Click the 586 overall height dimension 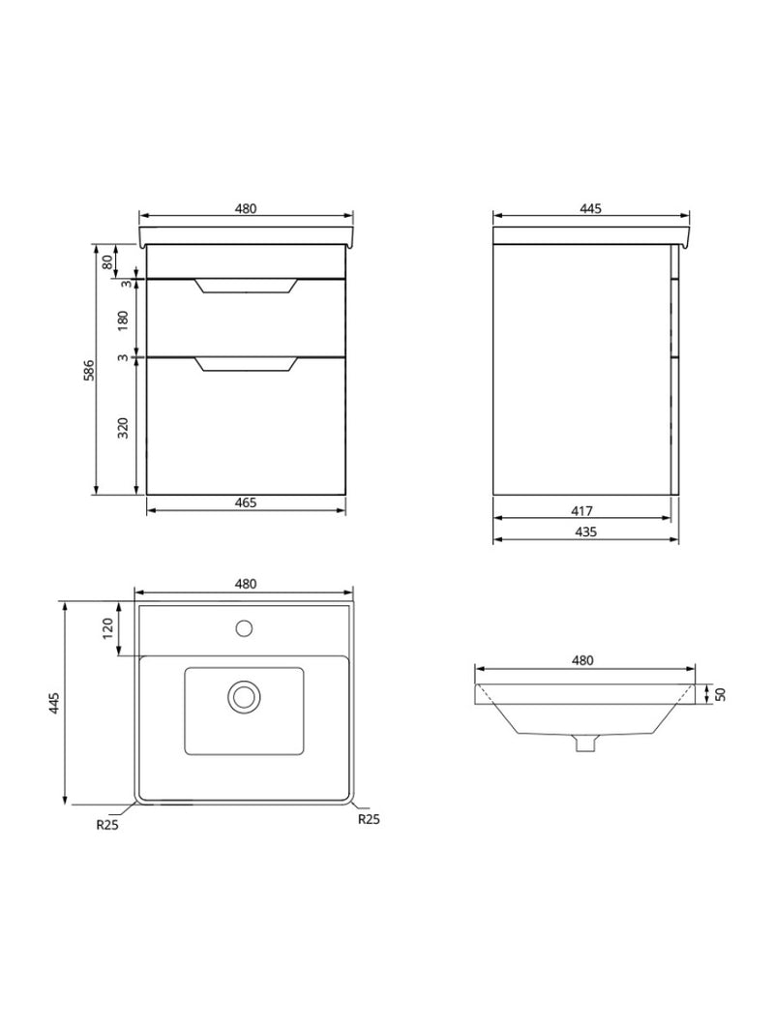click(x=88, y=369)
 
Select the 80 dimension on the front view click(x=106, y=259)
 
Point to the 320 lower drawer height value click(x=124, y=426)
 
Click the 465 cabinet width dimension click(x=246, y=502)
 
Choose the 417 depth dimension click(x=580, y=511)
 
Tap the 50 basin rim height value click(x=721, y=694)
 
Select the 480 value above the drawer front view click(x=246, y=208)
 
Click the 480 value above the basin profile click(x=581, y=660)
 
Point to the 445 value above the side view click(x=590, y=208)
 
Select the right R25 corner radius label click(x=368, y=818)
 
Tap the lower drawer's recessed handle click(x=246, y=364)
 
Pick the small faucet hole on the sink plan click(x=245, y=629)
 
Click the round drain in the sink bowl click(x=245, y=695)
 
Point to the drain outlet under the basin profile click(x=583, y=743)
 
